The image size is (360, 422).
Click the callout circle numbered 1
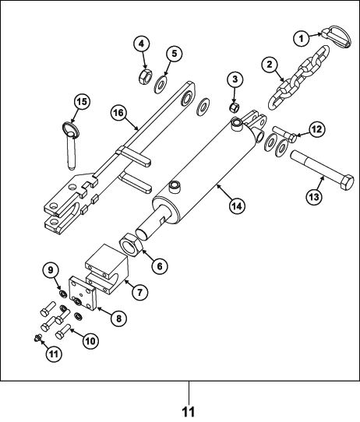[x=302, y=39]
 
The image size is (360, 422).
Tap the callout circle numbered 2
[x=270, y=65]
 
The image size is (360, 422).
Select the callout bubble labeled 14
[x=237, y=206]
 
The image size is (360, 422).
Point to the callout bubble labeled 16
[x=118, y=113]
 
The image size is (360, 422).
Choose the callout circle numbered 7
[x=139, y=291]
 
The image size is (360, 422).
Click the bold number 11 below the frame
[x=189, y=412]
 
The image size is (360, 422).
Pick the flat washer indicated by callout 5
[x=161, y=85]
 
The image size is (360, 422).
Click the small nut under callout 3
[x=234, y=107]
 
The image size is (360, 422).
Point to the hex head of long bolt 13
[x=346, y=183]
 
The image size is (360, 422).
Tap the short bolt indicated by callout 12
[x=284, y=133]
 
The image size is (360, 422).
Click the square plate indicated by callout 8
[x=83, y=294]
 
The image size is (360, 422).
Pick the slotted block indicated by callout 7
[x=107, y=269]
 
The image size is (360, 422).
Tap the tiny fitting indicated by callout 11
[x=37, y=338]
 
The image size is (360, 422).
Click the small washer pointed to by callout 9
[x=63, y=294]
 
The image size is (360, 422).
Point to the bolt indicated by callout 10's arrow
[x=63, y=332]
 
